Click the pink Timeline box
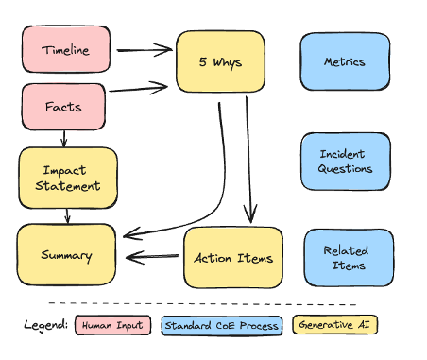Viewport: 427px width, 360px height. pyautogui.click(x=64, y=50)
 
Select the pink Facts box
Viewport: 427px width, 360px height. pyautogui.click(x=63, y=107)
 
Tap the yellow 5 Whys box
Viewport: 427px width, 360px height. pyautogui.click(x=219, y=62)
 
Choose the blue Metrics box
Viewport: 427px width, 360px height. pyautogui.click(x=344, y=62)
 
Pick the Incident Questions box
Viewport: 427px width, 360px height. pyautogui.click(x=346, y=162)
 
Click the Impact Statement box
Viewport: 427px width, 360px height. pyautogui.click(x=68, y=178)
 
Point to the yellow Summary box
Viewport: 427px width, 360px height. pyautogui.click(x=66, y=255)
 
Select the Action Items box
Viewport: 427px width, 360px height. pyautogui.click(x=232, y=257)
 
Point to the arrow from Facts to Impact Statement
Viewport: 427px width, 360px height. pyautogui.click(x=64, y=138)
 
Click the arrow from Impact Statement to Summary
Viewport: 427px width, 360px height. pyautogui.click(x=67, y=215)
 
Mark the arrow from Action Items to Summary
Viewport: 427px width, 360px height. pyautogui.click(x=153, y=256)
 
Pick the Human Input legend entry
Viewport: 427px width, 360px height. pyautogui.click(x=112, y=326)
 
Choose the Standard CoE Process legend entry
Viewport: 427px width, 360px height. pyautogui.click(x=222, y=326)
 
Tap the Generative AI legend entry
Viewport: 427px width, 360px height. pyautogui.click(x=334, y=326)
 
